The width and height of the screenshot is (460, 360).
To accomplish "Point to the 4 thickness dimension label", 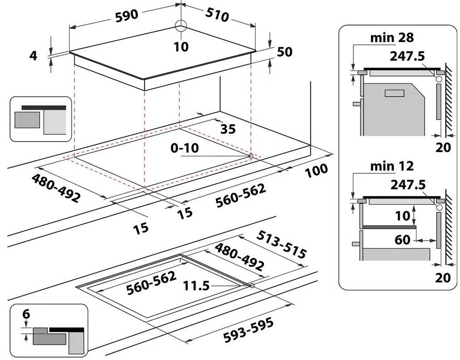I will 33,56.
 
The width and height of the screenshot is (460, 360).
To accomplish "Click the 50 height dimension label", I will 284,52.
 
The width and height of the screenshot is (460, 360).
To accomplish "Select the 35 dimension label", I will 228,129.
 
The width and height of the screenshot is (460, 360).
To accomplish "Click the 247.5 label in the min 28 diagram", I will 407,56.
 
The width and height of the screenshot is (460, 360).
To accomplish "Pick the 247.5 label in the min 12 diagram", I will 407,184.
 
